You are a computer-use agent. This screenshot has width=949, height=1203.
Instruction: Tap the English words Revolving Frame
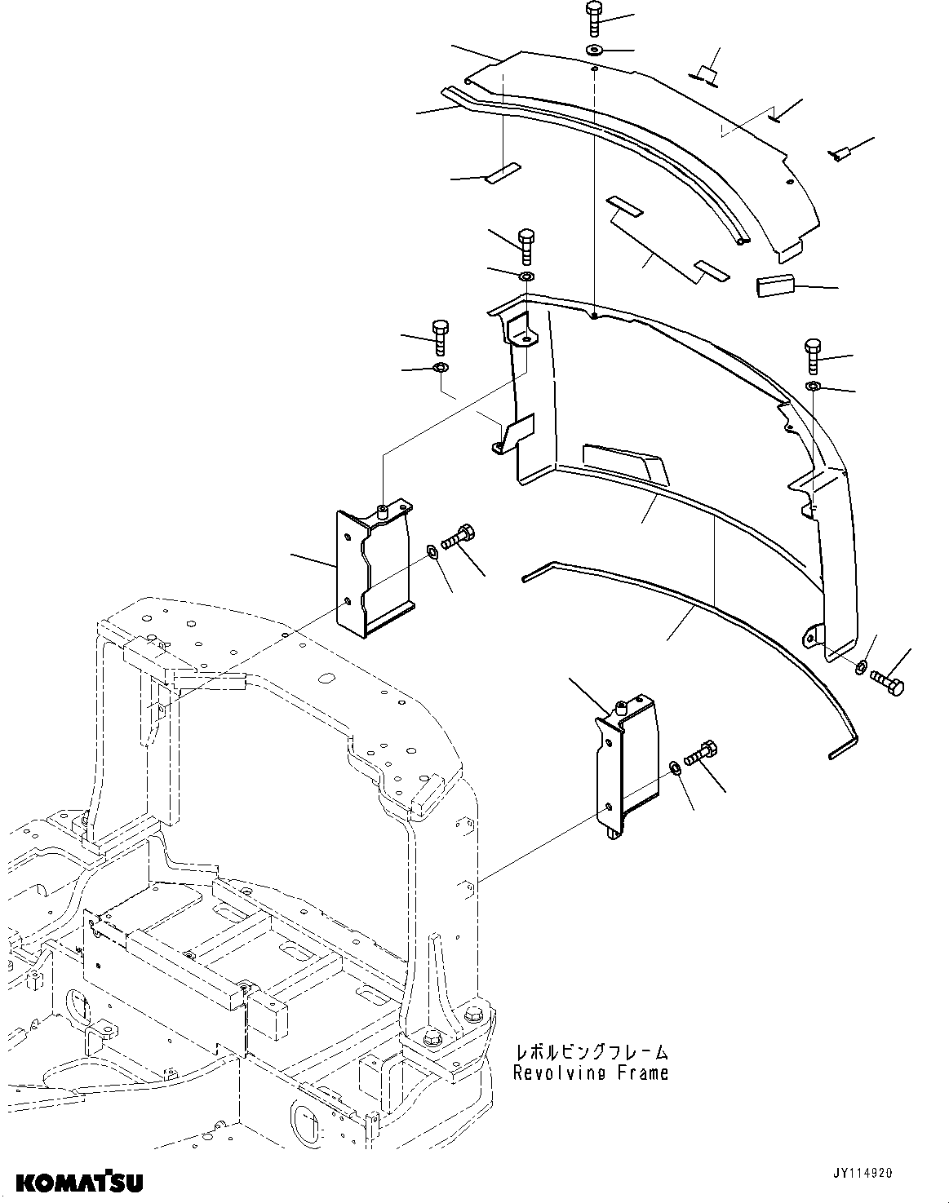click(x=591, y=1073)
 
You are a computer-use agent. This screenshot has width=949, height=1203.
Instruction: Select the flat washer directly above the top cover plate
click(x=594, y=51)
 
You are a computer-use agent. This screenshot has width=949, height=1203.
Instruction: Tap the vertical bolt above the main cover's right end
click(x=814, y=354)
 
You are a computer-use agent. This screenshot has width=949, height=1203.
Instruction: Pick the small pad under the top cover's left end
click(x=500, y=174)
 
